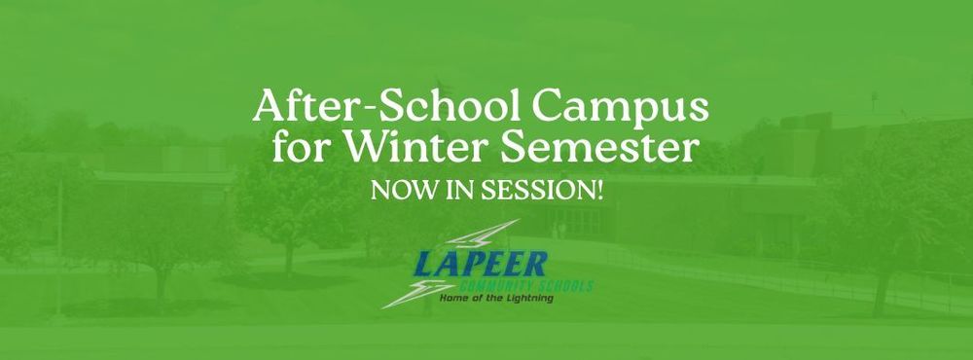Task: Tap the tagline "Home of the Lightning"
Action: pos(495,299)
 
